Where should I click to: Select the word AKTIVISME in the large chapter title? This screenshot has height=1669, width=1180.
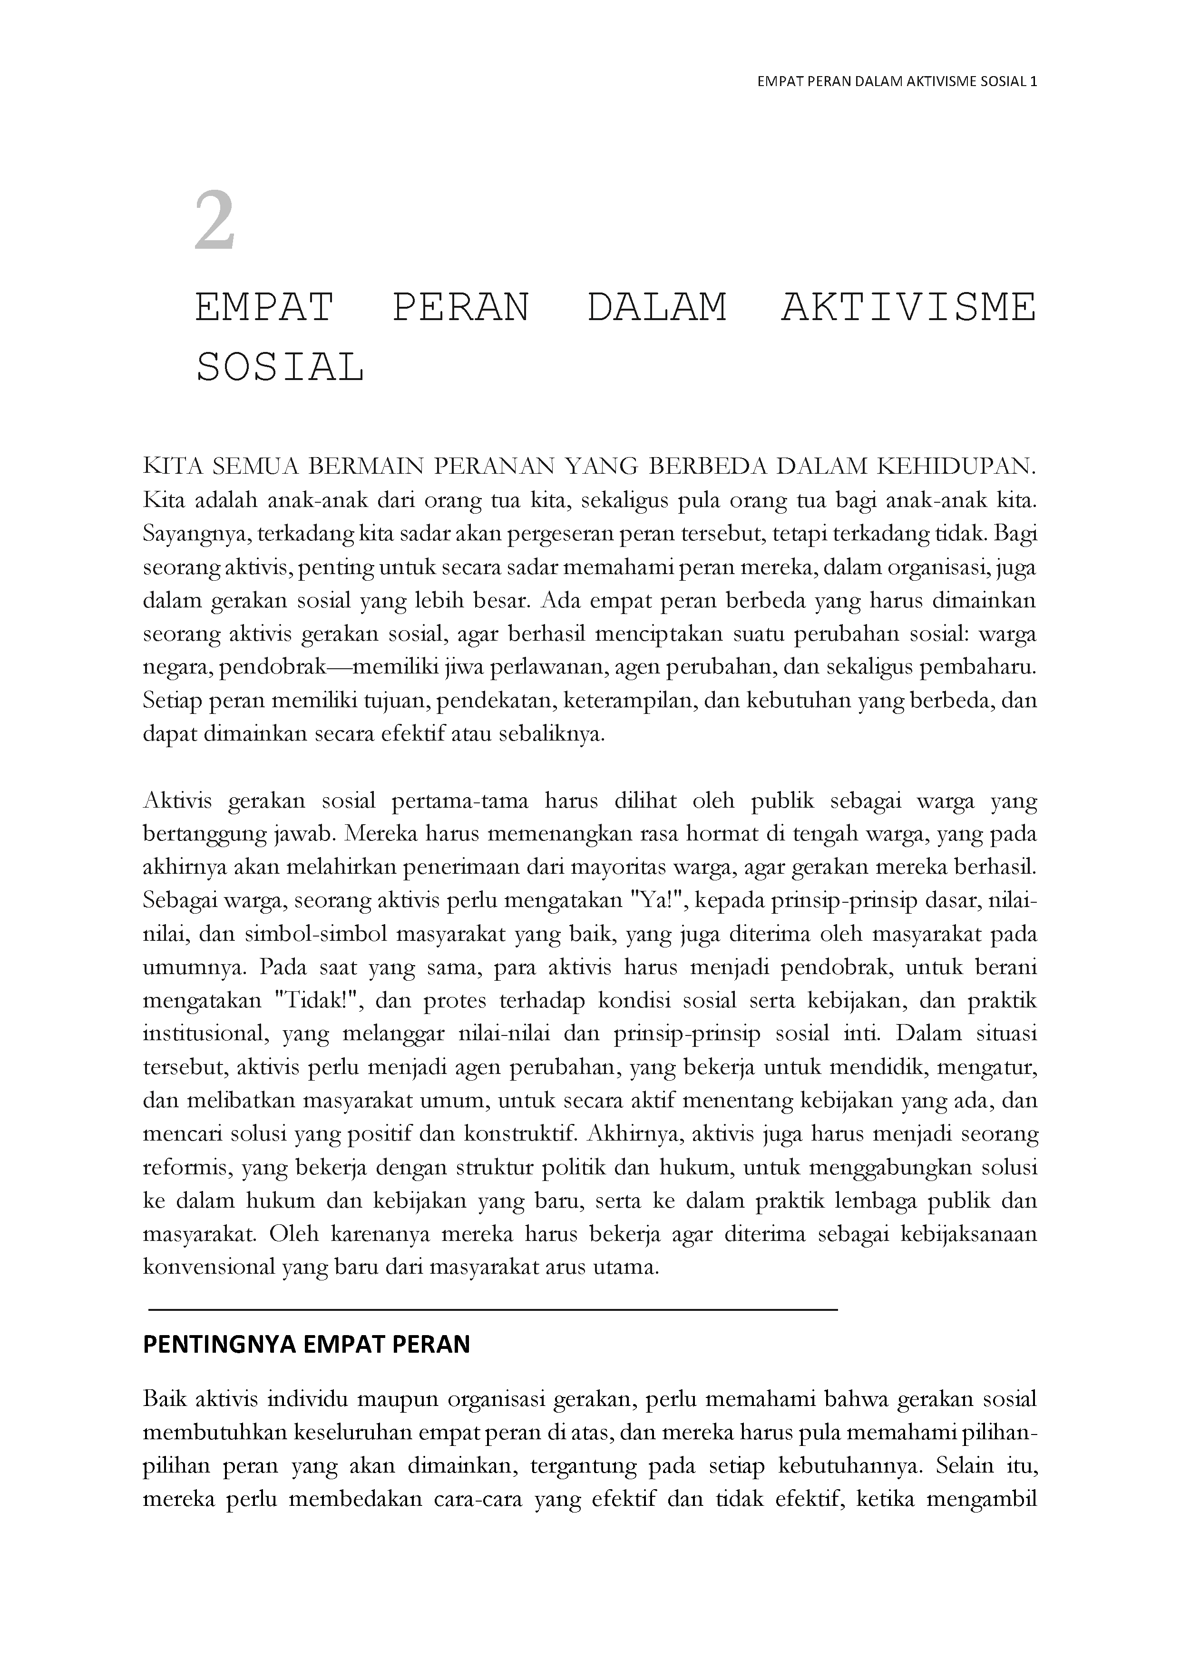[x=908, y=307]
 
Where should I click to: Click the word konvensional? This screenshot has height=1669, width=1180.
[x=208, y=1267]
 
